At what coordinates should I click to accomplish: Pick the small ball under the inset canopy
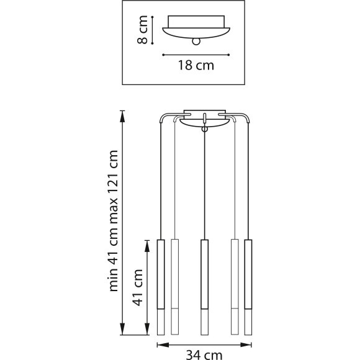click(197, 42)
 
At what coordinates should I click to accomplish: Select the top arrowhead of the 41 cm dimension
click(147, 243)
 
